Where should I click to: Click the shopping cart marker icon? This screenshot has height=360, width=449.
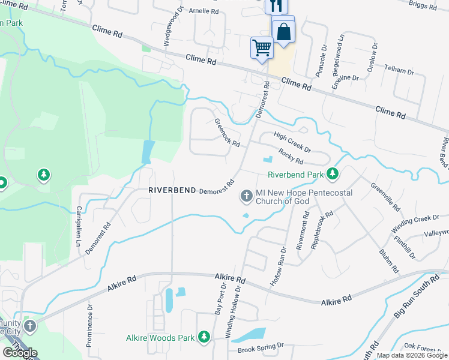pyautogui.click(x=262, y=47)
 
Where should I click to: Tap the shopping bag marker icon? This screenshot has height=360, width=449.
pyautogui.click(x=283, y=31)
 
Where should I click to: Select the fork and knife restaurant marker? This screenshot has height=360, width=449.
pyautogui.click(x=276, y=6)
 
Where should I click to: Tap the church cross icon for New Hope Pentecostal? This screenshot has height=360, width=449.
pyautogui.click(x=246, y=196)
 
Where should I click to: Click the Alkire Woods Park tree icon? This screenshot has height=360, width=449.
pyautogui.click(x=204, y=338)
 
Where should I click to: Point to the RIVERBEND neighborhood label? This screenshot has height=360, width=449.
pyautogui.click(x=172, y=190)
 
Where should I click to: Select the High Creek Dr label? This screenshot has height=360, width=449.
pyautogui.click(x=292, y=142)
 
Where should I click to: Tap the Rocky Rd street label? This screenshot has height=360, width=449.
pyautogui.click(x=291, y=158)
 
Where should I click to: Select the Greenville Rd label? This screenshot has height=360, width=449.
pyautogui.click(x=385, y=196)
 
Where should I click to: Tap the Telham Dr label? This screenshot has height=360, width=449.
pyautogui.click(x=399, y=70)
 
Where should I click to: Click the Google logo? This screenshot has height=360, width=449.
pyautogui.click(x=20, y=353)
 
